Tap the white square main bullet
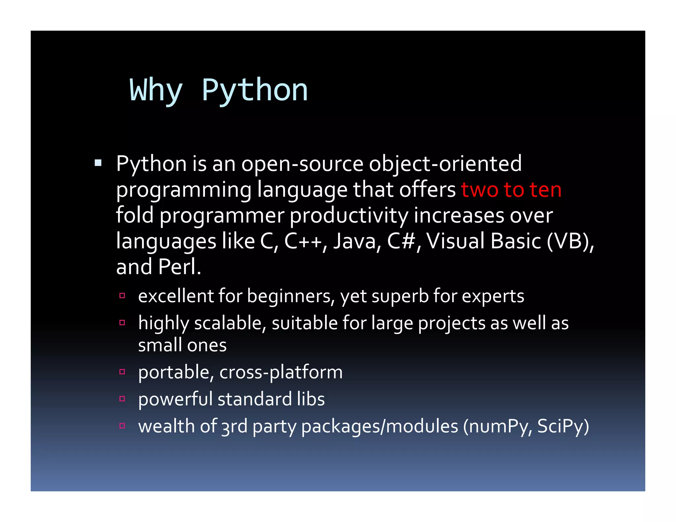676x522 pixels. [98, 163]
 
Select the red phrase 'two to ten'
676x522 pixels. [511, 190]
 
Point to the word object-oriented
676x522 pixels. [445, 164]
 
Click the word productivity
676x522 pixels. [349, 215]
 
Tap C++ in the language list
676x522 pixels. [303, 241]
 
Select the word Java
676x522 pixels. [355, 241]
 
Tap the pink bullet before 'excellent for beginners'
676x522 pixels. [122, 296]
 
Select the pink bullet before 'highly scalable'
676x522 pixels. [122, 323]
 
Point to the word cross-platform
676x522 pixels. [281, 372]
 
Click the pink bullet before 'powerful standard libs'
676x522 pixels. [122, 399]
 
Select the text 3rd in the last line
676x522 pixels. [234, 426]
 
